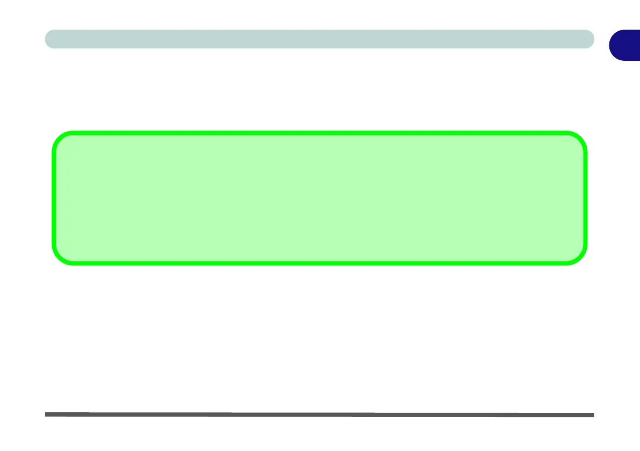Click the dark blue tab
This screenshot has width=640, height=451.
coord(625,45)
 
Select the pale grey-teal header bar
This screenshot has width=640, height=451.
coord(319,39)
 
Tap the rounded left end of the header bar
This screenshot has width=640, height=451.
coord(49,39)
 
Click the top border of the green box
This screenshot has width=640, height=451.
coord(319,132)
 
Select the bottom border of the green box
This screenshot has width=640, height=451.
coord(319,263)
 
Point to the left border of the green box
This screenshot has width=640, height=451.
coord(53,198)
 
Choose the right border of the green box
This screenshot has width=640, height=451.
coord(585,198)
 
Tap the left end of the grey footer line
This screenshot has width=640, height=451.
coord(47,414)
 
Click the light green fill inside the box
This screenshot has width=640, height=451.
coord(319,198)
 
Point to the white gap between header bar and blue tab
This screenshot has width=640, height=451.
coord(601,39)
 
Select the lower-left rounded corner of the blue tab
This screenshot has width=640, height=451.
coord(613,56)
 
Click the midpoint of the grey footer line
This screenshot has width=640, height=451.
coord(319,414)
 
